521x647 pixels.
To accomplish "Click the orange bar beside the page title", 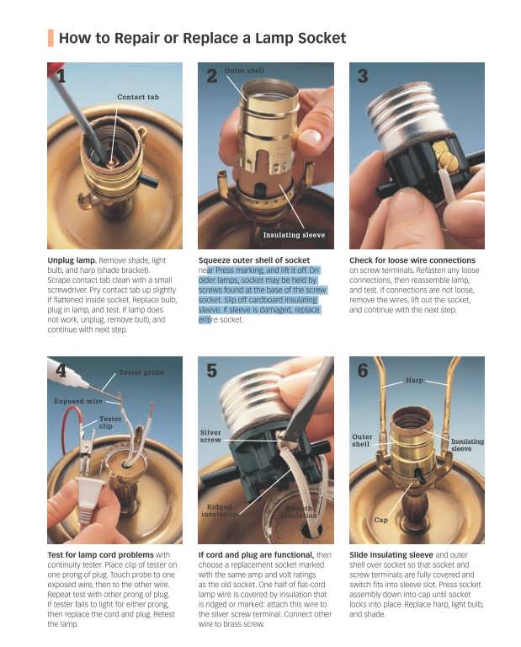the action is (51, 38).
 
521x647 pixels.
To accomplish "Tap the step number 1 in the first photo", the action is (61, 77).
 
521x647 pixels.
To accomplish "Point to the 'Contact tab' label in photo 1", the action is (138, 97).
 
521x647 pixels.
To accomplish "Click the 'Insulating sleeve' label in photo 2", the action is (294, 235).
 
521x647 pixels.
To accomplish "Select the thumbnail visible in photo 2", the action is (311, 136).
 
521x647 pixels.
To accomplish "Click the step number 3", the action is (363, 77).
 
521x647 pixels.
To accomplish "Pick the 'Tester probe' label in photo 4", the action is (141, 372).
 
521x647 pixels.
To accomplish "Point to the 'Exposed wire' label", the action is (78, 401).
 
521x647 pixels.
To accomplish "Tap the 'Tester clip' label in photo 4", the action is (110, 422).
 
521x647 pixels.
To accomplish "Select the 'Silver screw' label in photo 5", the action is (210, 436).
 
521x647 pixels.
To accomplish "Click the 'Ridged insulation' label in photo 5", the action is (220, 511).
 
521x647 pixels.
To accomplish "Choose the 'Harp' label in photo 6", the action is (414, 380).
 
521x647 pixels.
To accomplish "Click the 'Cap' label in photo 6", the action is (380, 520).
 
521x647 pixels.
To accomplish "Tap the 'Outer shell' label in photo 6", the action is (361, 441).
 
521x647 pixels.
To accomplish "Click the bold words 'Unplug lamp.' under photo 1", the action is (72, 260).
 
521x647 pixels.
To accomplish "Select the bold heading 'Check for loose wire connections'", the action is (412, 260).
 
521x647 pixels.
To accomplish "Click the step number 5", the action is (211, 371).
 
